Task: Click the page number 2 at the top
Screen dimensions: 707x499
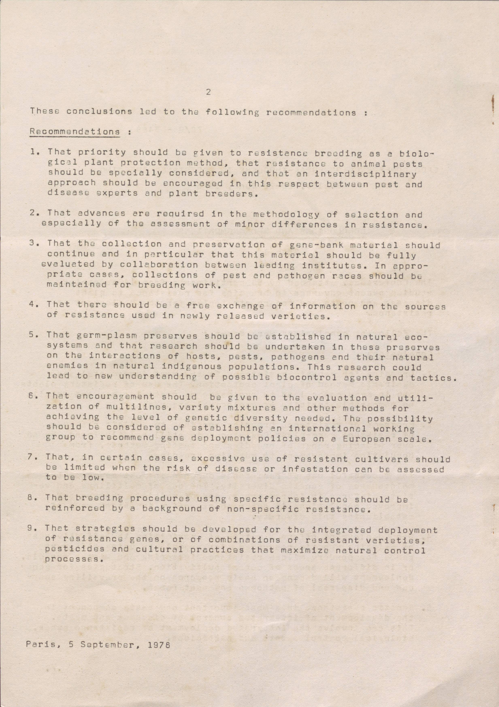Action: point(209,92)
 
